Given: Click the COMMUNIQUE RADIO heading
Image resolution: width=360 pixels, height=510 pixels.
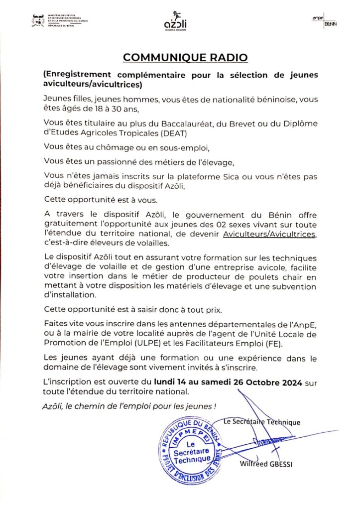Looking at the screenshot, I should (x=185, y=57).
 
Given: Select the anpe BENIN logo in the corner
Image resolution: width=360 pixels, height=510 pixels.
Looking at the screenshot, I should (x=326, y=19).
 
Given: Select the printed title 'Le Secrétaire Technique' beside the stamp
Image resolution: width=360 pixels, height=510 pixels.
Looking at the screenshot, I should (x=262, y=422).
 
